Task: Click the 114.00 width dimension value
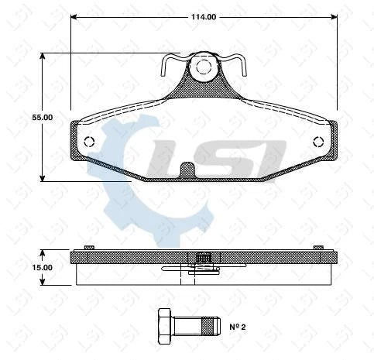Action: tap(204, 16)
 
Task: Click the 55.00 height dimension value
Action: tap(42, 117)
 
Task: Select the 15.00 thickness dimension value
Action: tap(42, 267)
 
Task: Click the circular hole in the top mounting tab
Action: tap(204, 67)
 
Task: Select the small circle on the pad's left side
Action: tap(89, 142)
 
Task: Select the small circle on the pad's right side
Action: tap(318, 142)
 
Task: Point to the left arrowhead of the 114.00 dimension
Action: tap(74, 16)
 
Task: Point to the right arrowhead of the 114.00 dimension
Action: tap(334, 16)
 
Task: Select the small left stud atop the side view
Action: tap(89, 247)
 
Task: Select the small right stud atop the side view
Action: tap(318, 247)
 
